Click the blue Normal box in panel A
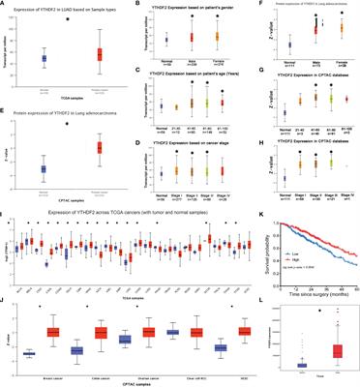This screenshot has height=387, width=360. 44,59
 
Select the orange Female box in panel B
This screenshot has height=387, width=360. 229,37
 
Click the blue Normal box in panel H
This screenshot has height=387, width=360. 286,150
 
